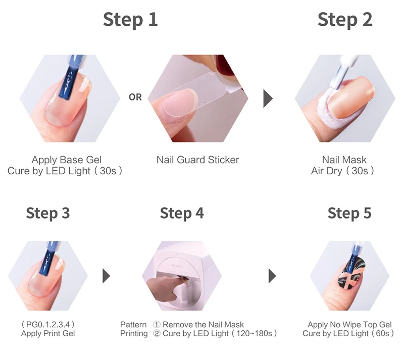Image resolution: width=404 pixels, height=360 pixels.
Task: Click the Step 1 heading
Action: point(130,20)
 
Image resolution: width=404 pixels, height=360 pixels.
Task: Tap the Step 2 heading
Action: point(345,20)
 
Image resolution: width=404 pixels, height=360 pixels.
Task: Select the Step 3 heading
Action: point(48,214)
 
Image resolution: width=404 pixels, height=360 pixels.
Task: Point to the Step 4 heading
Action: point(182,214)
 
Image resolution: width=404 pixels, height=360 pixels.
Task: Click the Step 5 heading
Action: point(349,214)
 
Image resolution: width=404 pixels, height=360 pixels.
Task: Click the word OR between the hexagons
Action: point(135,97)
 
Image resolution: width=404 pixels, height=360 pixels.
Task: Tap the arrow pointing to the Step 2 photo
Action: point(268,98)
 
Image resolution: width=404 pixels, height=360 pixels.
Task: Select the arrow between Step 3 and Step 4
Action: point(107,276)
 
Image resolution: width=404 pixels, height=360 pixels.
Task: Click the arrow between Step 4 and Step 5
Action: point(272,276)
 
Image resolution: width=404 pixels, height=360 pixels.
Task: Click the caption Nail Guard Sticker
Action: point(198,160)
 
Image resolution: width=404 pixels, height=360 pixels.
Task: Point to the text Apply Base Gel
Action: point(67,160)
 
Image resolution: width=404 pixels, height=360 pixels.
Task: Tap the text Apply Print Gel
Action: point(48,333)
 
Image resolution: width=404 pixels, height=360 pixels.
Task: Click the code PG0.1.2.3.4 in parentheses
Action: point(48,324)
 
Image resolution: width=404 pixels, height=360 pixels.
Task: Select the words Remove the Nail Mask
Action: point(204,325)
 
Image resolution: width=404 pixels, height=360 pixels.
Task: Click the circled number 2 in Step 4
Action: point(157,333)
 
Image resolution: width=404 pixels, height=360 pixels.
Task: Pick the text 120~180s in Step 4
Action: point(255,333)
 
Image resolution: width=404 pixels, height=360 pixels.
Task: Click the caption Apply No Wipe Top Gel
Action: point(349,325)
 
